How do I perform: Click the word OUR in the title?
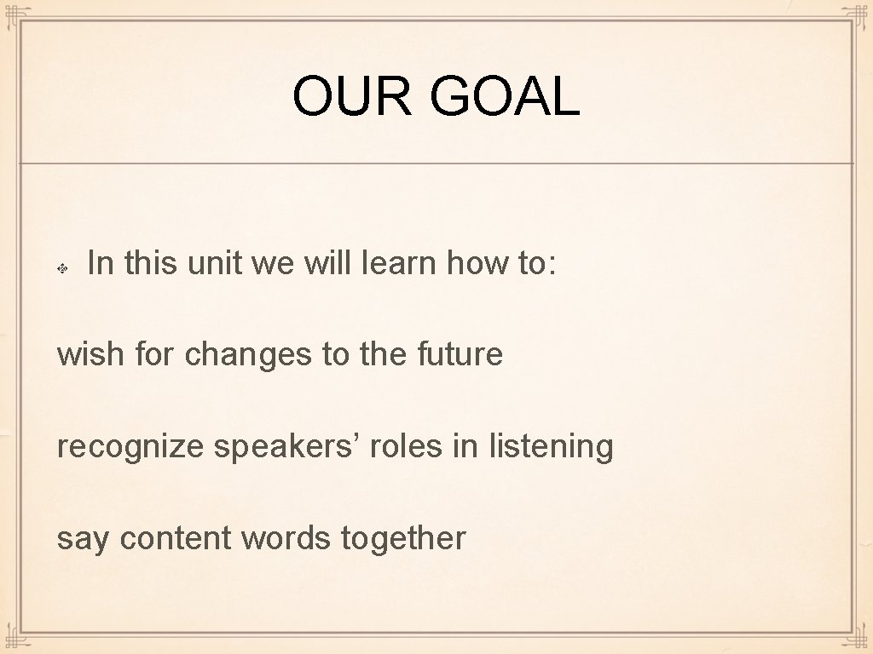pos(351,96)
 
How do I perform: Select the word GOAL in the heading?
pos(505,96)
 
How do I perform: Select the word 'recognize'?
pos(130,446)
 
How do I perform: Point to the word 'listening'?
pos(551,446)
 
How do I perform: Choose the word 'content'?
pos(176,538)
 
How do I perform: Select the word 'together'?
pos(403,538)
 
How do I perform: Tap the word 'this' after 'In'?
pos(150,264)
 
